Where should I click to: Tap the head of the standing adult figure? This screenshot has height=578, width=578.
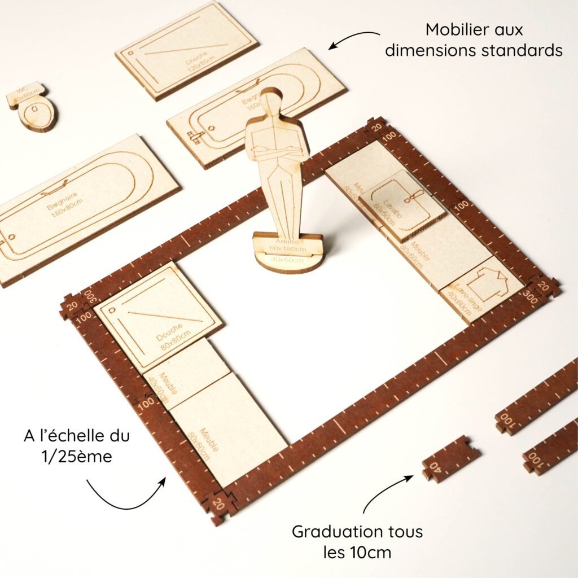273,103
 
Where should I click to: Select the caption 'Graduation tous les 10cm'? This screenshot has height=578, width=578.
357,541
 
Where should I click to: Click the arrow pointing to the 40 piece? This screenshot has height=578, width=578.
389,491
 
